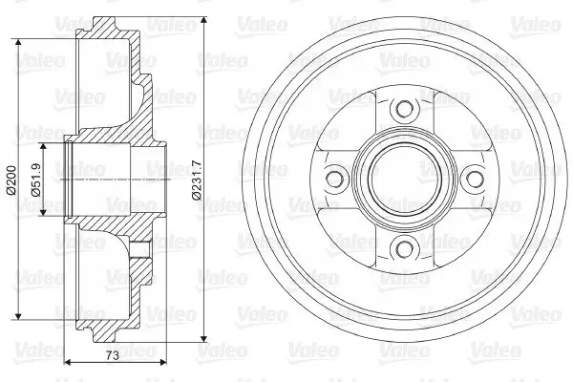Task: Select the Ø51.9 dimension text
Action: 36,180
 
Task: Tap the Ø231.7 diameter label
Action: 196,180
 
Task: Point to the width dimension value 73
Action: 113,355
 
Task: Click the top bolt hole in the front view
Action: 404,109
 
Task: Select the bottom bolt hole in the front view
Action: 404,250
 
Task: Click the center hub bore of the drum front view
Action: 404,180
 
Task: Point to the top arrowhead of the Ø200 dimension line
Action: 18,43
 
